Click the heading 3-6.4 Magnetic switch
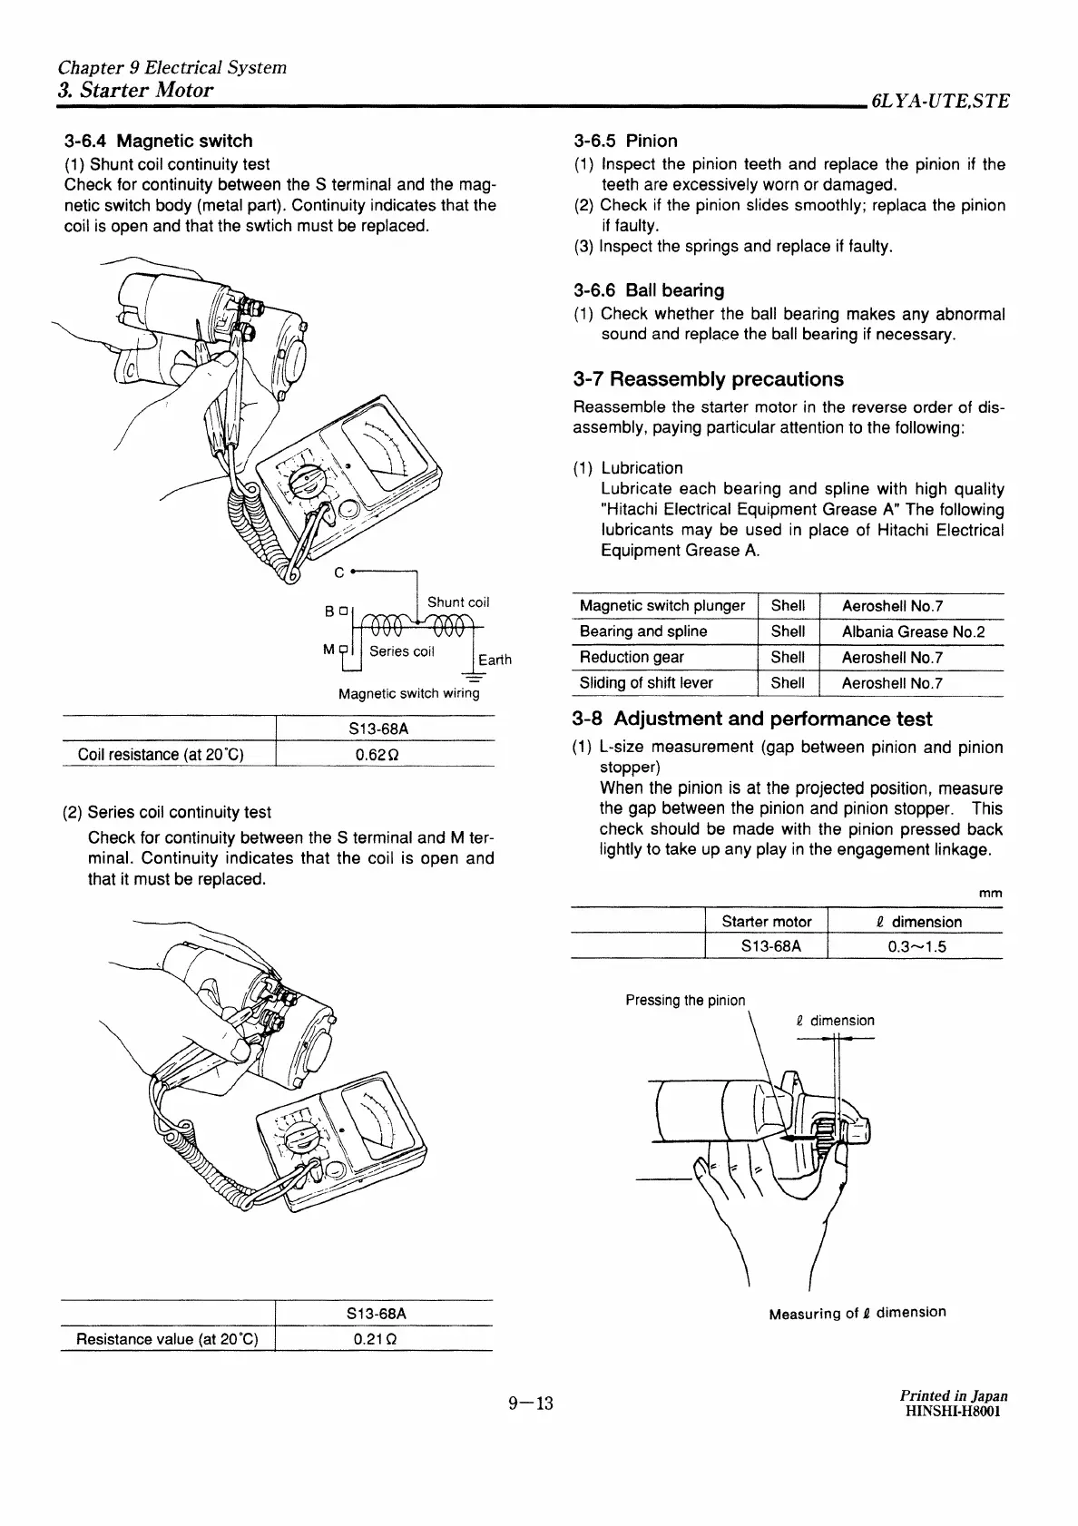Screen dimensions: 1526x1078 (158, 141)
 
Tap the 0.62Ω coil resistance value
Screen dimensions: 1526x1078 (385, 754)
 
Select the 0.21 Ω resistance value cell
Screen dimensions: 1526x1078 (383, 1339)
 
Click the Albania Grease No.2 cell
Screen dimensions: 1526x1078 (913, 631)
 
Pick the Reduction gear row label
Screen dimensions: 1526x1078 (632, 657)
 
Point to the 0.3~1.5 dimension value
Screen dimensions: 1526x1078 (916, 946)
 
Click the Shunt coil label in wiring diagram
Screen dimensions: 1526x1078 (458, 602)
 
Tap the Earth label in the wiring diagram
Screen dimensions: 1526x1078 (495, 660)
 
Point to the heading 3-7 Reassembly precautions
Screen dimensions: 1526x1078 (709, 379)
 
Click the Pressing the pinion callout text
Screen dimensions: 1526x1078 (685, 1000)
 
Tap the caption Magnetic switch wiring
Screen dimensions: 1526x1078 (408, 694)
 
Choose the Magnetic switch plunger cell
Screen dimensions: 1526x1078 (661, 606)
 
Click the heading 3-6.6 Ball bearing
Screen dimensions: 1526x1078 (649, 290)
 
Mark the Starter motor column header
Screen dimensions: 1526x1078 (767, 922)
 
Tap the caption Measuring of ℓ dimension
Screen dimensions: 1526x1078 (857, 1313)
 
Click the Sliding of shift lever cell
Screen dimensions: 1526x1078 (646, 682)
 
